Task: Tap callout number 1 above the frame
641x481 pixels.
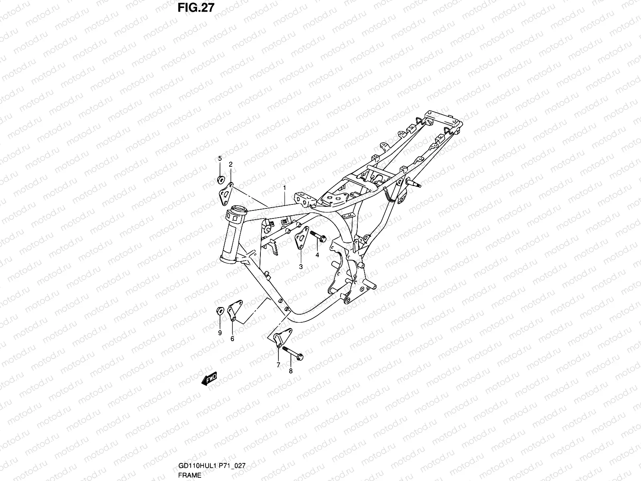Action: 284,188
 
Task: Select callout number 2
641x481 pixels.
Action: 231,164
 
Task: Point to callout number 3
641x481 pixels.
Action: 300,267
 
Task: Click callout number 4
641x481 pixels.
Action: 317,255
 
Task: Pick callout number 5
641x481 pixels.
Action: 220,159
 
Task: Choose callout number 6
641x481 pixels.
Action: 232,339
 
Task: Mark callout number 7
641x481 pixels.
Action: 278,365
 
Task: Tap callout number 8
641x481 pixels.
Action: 291,371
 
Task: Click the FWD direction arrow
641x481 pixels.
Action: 210,378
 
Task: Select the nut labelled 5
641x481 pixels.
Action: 220,179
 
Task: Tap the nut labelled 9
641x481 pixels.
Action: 220,311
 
